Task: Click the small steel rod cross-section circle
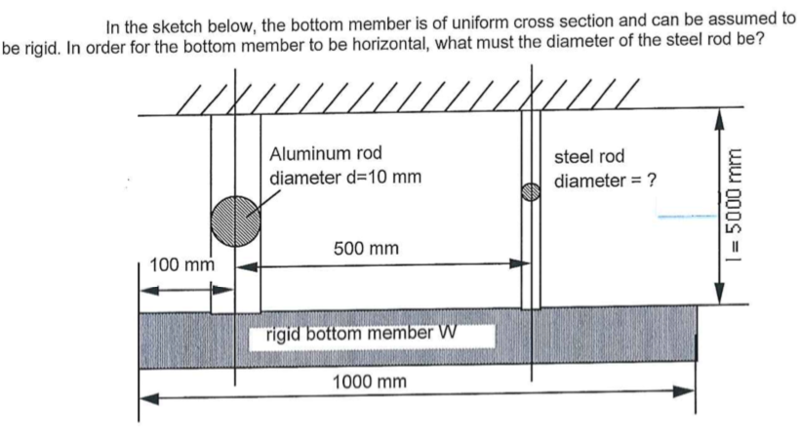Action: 531,192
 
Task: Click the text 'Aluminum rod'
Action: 326,153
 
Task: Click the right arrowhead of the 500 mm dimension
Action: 521,263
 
